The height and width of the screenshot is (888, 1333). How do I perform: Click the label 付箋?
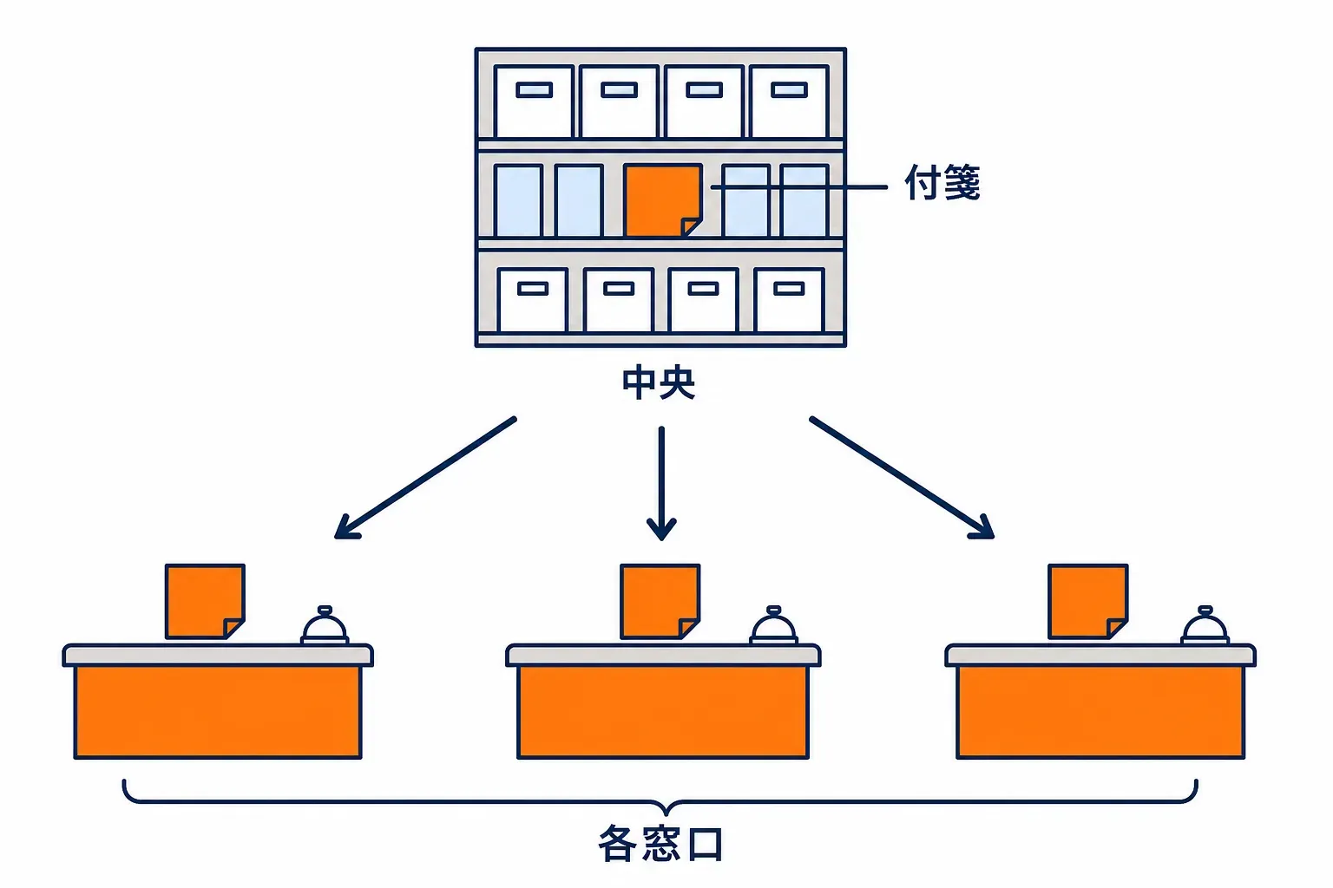(942, 183)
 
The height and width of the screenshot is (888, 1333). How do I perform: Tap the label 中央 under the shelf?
(659, 383)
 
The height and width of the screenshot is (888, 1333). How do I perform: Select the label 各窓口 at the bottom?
(660, 844)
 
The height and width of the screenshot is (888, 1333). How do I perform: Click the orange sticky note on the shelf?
(663, 200)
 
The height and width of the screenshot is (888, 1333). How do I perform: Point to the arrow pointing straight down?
(661, 483)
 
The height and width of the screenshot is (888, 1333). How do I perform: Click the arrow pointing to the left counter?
(425, 478)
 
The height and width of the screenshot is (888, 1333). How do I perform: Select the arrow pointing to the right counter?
(902, 478)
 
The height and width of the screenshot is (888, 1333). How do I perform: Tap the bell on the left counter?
(325, 625)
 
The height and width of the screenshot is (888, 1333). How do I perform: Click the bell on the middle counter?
(773, 625)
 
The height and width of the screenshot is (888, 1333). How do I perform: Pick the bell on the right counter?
(1205, 625)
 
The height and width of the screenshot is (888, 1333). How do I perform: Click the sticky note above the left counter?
(206, 601)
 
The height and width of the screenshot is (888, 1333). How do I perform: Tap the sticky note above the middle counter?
(660, 601)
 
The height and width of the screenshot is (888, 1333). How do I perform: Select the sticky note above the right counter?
(1087, 601)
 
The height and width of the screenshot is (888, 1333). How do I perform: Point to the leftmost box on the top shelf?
(534, 101)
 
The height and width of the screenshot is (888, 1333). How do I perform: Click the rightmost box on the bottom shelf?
(789, 300)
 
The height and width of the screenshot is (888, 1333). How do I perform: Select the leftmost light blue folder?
(518, 201)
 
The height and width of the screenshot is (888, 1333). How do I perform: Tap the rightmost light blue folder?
(804, 201)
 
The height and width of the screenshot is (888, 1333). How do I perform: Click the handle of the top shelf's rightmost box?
(789, 90)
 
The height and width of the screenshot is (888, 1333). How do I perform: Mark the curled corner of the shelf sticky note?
(690, 226)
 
